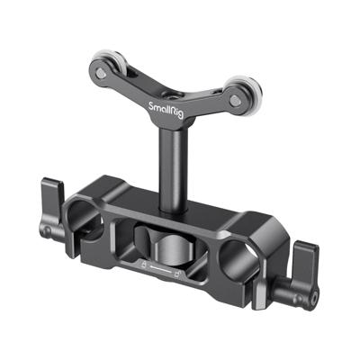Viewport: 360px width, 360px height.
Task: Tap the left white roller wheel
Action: [x=102, y=67]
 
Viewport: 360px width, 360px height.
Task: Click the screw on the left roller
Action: [x=102, y=67]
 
